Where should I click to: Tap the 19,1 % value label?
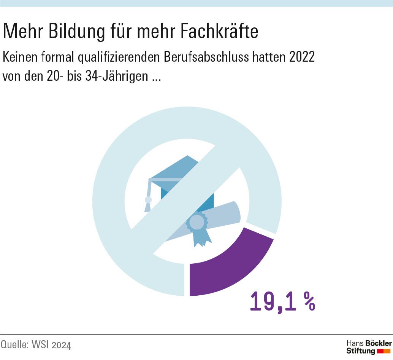[x=282, y=302]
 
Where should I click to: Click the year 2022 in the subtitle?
[x=302, y=57]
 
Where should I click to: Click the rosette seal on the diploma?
[x=196, y=223]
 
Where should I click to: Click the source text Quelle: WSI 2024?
[x=36, y=345]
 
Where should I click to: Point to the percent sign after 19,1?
[x=309, y=302]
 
